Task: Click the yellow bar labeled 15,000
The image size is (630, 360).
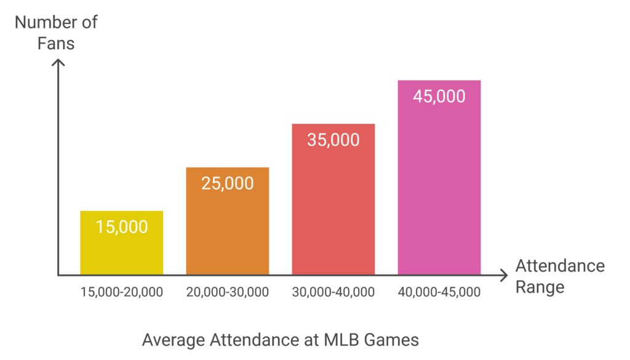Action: click(122, 242)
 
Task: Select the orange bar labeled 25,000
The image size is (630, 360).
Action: click(228, 221)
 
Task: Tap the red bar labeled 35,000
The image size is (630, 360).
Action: click(333, 199)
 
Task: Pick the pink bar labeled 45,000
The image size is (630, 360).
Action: click(439, 178)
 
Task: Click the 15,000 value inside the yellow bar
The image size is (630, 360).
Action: click(122, 227)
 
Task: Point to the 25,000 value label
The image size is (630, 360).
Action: click(228, 183)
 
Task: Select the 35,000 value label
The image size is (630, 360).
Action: click(333, 140)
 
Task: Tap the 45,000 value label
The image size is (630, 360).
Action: click(439, 97)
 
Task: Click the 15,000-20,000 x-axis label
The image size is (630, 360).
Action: click(122, 292)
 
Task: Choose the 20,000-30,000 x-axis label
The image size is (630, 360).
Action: click(228, 292)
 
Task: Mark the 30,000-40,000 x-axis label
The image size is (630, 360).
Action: click(333, 292)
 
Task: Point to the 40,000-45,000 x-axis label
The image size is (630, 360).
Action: click(439, 292)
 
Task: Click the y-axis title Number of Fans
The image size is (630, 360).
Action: click(56, 33)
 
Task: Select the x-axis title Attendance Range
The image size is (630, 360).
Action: click(560, 276)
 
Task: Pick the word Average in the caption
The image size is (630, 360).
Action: click(173, 340)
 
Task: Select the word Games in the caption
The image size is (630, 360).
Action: click(391, 340)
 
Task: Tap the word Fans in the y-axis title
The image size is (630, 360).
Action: click(56, 44)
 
